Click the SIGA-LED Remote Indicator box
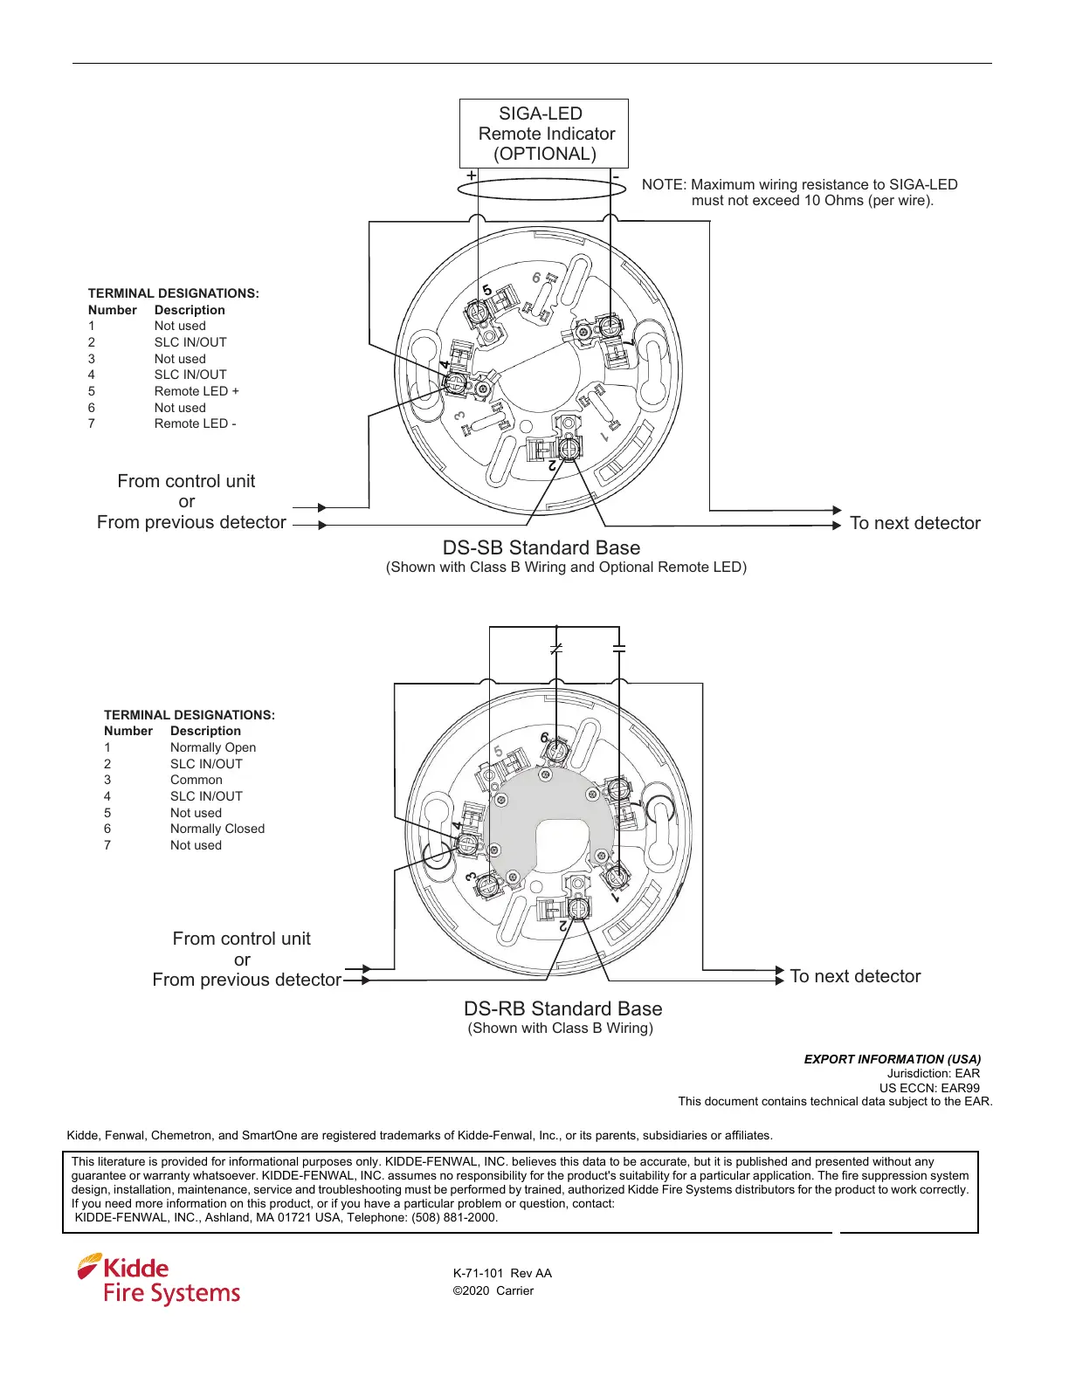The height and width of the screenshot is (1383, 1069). coord(543,134)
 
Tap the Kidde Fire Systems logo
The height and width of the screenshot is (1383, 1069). coord(159,1280)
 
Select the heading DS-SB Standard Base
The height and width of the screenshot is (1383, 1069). coord(541,548)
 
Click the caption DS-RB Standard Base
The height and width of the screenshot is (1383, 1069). coord(562,1009)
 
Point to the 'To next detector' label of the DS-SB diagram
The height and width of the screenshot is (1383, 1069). coord(914,523)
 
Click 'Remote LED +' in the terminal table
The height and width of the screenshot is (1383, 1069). coord(197,391)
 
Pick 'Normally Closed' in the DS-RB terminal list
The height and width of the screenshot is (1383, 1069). coord(217,829)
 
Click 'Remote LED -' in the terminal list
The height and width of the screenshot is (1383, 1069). coord(195,423)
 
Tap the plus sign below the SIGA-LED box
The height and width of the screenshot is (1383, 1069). coord(472,176)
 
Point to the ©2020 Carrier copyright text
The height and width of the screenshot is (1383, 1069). coord(493,1290)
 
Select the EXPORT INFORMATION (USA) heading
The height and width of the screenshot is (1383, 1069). coord(892,1059)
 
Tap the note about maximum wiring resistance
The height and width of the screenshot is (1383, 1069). coord(799,192)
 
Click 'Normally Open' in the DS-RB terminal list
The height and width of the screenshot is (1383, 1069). coord(212,747)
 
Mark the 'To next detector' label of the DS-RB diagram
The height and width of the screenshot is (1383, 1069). coord(855,976)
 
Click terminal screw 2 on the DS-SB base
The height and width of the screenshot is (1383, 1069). coord(569,449)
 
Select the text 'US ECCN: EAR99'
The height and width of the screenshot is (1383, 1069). coord(929,1088)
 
